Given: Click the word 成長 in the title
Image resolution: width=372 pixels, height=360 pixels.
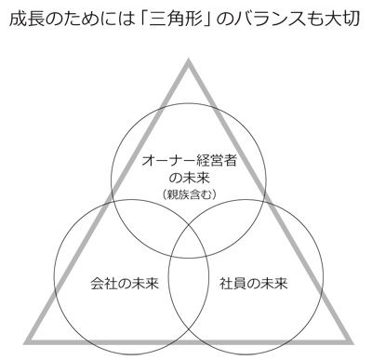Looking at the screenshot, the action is pyautogui.click(x=25, y=20).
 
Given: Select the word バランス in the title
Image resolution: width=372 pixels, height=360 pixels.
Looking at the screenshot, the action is pyautogui.click(x=266, y=20).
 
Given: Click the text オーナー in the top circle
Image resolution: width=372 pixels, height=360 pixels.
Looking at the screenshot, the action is pyautogui.click(x=168, y=161).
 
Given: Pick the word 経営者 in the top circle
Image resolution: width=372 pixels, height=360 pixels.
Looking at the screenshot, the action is pyautogui.click(x=217, y=161).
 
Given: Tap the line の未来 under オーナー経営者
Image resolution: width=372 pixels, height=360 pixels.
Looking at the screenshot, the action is pyautogui.click(x=189, y=178).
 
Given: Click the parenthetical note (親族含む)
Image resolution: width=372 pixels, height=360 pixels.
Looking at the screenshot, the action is pyautogui.click(x=189, y=194).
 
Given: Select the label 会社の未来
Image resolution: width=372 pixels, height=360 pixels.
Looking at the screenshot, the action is pyautogui.click(x=125, y=284).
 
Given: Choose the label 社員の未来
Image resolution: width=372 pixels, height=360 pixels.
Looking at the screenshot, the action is pyautogui.click(x=254, y=284).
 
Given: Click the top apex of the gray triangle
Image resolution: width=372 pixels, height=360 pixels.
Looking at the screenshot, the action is pyautogui.click(x=188, y=59).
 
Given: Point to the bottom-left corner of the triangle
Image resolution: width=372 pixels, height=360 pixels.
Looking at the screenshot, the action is pyautogui.click(x=24, y=342).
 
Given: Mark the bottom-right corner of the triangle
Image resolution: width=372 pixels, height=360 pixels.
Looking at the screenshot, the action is pyautogui.click(x=352, y=342).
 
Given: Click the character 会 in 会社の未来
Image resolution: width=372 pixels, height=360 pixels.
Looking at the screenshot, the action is pyautogui.click(x=98, y=284).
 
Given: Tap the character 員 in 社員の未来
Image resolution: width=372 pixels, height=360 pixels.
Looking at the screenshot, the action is pyautogui.click(x=240, y=284).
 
